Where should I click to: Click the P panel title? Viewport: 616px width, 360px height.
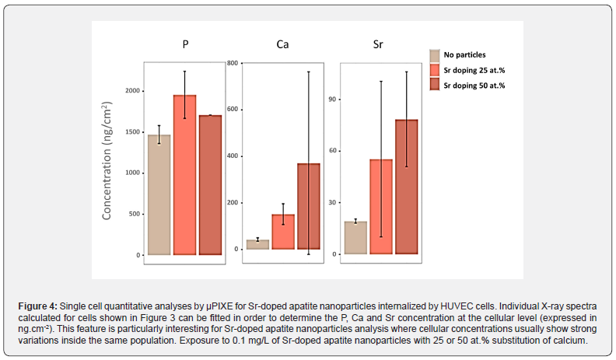coord(185,44)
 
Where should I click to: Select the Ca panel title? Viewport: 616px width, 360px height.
coord(284,44)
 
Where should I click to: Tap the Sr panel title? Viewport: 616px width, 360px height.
coord(378,44)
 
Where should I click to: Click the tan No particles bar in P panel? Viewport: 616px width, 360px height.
coord(159,194)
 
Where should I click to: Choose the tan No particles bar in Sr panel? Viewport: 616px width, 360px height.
coord(355,238)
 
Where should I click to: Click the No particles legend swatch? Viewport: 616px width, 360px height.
coord(436,55)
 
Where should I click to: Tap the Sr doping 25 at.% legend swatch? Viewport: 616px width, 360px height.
coord(436,70)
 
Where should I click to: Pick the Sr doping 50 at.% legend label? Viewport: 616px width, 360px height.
coord(474,86)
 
